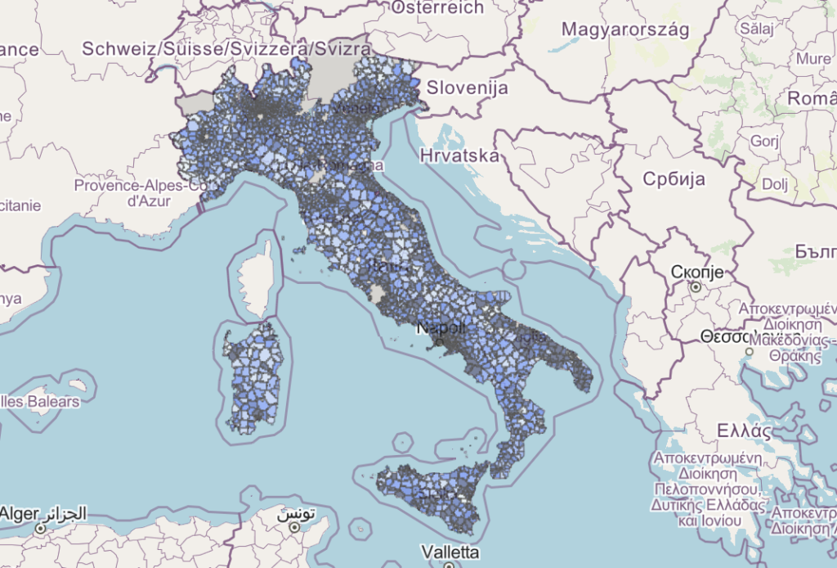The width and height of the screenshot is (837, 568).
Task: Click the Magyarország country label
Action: pos(626,29)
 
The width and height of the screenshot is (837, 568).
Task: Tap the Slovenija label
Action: pos(468,88)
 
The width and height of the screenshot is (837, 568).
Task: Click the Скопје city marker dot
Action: pos(695,287)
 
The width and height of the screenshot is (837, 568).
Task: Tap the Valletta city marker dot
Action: pos(449,565)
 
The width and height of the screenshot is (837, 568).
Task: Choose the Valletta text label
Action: pos(449,550)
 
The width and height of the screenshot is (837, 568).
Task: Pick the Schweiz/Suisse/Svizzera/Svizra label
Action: pos(220,49)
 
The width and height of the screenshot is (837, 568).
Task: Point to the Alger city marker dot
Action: pos(42,530)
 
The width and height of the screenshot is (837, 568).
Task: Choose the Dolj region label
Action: pos(773,184)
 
